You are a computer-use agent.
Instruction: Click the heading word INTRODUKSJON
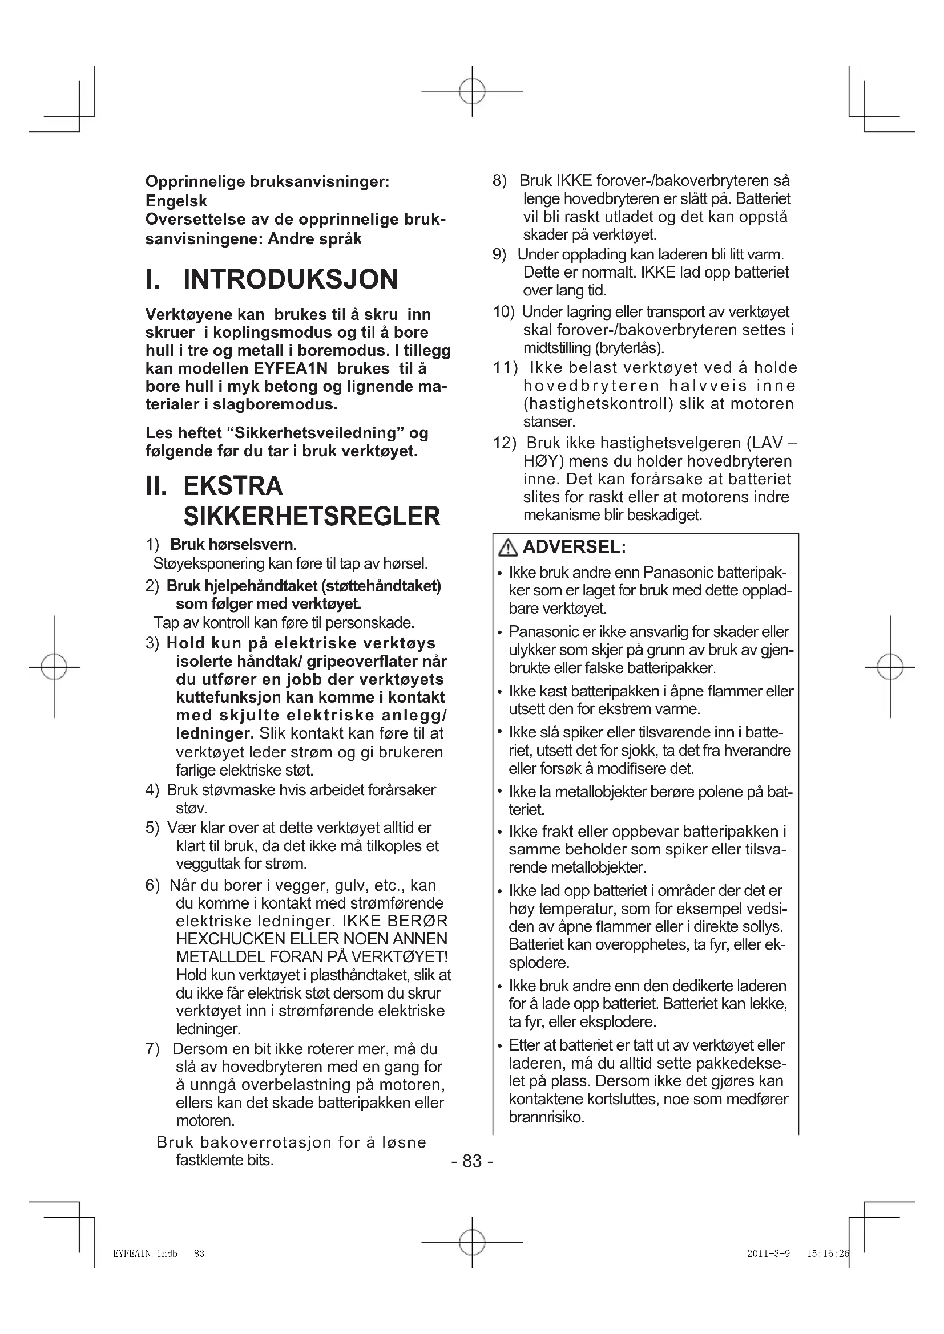[x=291, y=279]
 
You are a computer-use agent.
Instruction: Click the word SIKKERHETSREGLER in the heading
[x=312, y=517]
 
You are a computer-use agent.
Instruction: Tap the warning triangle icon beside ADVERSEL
[x=509, y=548]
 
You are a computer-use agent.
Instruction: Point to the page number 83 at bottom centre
[x=472, y=1161]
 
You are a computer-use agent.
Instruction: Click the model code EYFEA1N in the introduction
[x=292, y=368]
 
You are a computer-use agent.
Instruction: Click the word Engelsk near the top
[x=176, y=201]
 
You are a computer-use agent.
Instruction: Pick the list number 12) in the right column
[x=505, y=443]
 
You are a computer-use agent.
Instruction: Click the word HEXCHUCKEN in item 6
[x=230, y=939]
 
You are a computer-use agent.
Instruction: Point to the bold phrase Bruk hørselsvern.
[x=233, y=545]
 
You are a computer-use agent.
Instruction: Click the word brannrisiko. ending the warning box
[x=546, y=1117]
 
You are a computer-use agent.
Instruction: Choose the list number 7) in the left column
[x=152, y=1049]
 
